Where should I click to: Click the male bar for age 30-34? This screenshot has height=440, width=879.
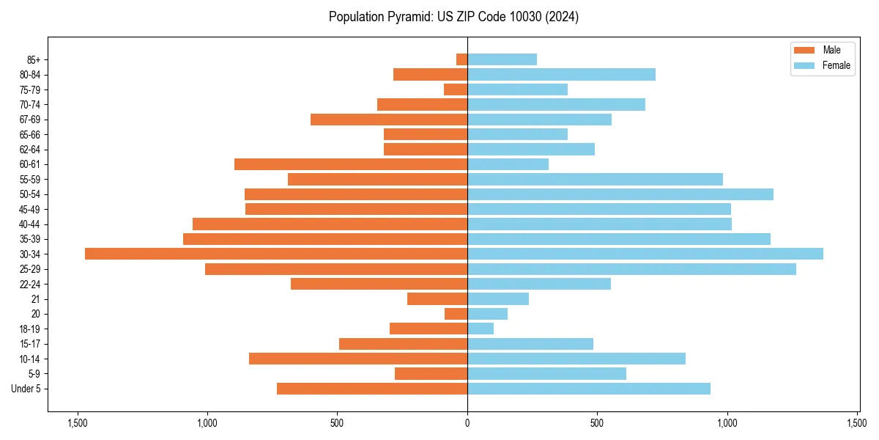(276, 254)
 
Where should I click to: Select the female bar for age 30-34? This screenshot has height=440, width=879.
(645, 254)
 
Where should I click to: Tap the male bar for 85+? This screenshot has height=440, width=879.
(461, 59)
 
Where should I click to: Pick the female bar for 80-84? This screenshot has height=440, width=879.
(561, 74)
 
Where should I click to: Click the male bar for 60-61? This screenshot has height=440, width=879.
(351, 164)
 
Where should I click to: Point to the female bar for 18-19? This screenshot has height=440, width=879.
(481, 329)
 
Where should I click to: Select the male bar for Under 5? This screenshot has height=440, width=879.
(372, 389)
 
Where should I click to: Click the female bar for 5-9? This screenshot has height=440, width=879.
(546, 373)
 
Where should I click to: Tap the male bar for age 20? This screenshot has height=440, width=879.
(456, 314)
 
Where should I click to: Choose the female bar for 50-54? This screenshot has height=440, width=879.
(620, 194)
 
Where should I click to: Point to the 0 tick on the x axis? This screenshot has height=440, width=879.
(467, 422)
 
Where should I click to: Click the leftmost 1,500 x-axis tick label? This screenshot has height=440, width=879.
(77, 422)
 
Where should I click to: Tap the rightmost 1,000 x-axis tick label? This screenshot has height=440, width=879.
(727, 422)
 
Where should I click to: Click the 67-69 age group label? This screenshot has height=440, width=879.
(31, 120)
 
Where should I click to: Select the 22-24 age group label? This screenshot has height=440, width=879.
(31, 284)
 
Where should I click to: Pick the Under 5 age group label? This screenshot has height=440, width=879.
(26, 389)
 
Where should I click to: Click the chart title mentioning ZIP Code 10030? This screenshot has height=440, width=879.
(453, 17)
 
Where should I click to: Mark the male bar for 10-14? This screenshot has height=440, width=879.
(358, 359)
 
